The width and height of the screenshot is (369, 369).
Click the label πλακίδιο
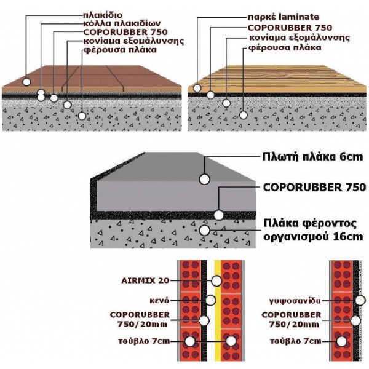(103, 15)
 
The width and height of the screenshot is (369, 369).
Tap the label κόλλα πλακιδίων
(122, 23)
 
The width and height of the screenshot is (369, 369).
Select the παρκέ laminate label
(284, 17)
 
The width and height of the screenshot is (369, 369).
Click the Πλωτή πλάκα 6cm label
(312, 157)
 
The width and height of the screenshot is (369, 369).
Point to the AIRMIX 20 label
(145, 280)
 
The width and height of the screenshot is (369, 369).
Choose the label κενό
(159, 301)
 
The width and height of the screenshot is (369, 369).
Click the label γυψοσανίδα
(295, 301)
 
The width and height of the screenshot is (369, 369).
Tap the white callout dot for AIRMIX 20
(216, 281)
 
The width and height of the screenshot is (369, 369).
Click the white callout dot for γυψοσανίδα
(360, 301)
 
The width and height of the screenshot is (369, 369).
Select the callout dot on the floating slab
(205, 179)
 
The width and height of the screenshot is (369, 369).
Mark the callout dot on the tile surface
(26, 82)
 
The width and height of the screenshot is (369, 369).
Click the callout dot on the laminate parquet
(197, 88)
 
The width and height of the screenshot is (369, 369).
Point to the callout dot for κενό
(210, 300)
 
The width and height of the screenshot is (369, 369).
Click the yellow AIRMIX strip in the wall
(218, 311)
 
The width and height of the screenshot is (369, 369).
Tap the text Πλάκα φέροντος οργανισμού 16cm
(313, 230)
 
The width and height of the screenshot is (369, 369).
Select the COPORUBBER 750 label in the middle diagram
(314, 188)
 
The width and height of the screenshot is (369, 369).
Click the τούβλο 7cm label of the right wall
(296, 341)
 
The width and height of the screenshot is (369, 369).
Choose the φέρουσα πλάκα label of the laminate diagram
(285, 47)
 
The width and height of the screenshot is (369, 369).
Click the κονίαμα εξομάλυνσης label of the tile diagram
(133, 41)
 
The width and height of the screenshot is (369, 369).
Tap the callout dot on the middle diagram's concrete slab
(205, 230)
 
